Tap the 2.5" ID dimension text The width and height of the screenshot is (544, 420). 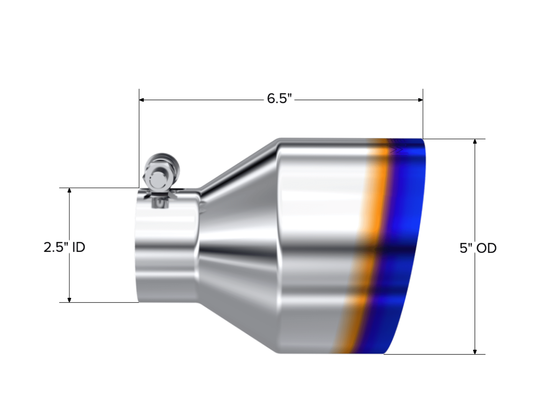click(64, 248)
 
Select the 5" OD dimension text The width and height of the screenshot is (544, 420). click(478, 248)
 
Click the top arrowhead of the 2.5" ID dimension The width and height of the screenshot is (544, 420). click(69, 190)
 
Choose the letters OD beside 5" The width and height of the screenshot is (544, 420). click(487, 248)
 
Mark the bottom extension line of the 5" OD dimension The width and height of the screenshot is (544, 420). click(435, 354)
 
